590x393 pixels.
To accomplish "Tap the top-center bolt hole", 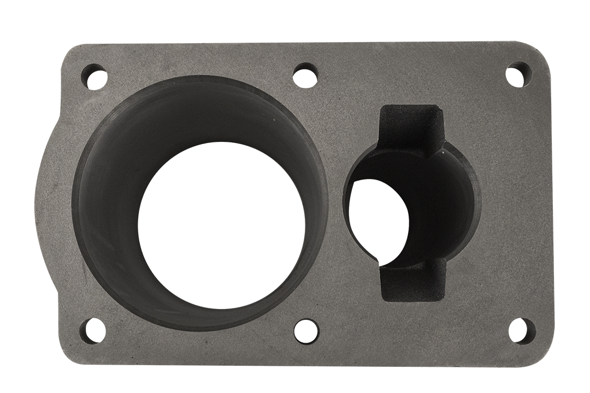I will point(305,74).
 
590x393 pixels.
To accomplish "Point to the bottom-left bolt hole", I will point(90,331).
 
